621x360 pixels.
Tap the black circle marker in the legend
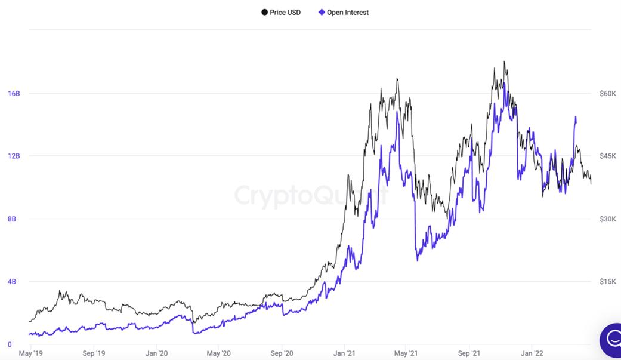[264, 12]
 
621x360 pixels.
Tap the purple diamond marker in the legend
[322, 12]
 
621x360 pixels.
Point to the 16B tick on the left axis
[14, 93]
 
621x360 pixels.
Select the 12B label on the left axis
[14, 156]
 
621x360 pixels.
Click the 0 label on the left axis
[10, 344]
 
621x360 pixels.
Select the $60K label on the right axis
[607, 93]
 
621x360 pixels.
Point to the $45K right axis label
[607, 156]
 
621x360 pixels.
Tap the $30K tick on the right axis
[607, 219]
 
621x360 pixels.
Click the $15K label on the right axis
[607, 282]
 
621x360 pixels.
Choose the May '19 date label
[30, 353]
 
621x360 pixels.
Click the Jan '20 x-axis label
[156, 353]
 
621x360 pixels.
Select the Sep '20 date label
[282, 353]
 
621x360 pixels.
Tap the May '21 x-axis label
[406, 353]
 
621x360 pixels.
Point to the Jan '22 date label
[532, 353]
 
